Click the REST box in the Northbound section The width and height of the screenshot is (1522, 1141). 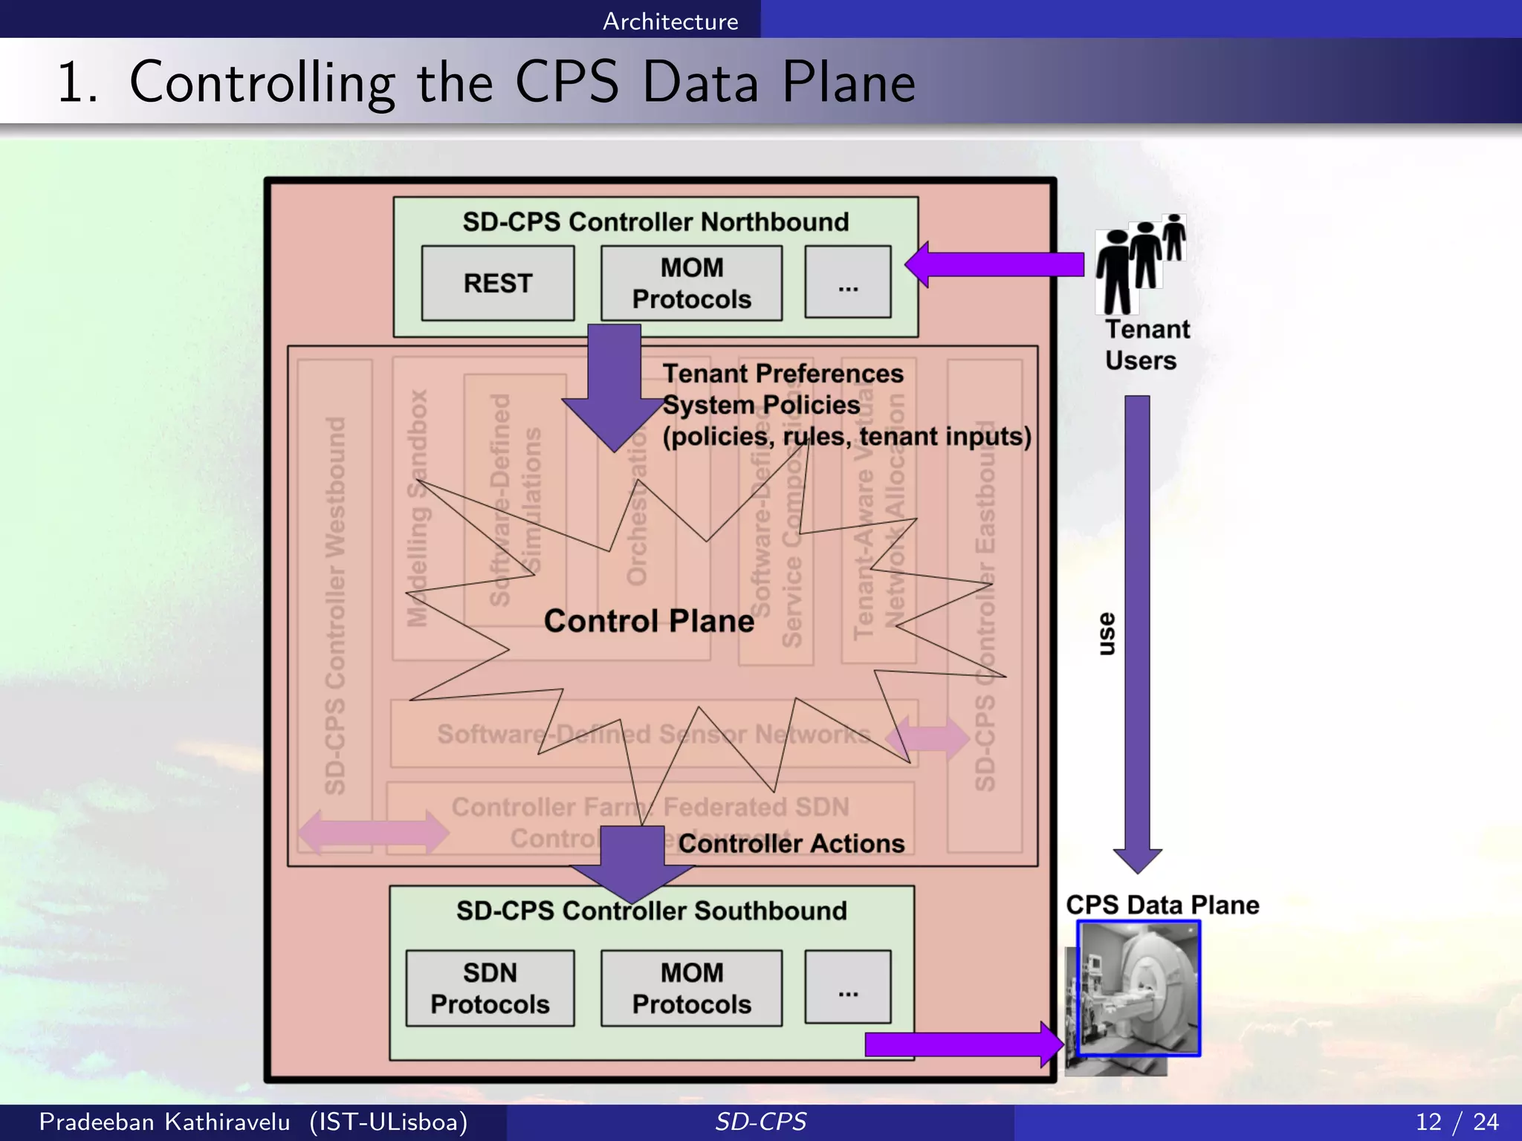click(x=498, y=283)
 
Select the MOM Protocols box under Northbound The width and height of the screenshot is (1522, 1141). click(x=691, y=283)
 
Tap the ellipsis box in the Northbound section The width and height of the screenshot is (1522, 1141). click(x=848, y=282)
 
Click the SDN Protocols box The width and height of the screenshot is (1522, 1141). click(x=490, y=988)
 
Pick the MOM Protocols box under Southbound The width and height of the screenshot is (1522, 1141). click(x=691, y=988)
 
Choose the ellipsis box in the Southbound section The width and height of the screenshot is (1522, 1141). click(x=848, y=987)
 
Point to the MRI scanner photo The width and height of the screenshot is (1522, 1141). click(x=1139, y=988)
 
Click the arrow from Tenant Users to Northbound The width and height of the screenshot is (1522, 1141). click(x=996, y=264)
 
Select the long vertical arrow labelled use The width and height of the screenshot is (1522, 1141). click(x=1137, y=631)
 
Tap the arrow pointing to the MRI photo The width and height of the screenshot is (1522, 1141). click(x=962, y=1044)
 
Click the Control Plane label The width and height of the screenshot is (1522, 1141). click(x=649, y=621)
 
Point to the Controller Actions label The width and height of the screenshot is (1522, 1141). click(x=791, y=844)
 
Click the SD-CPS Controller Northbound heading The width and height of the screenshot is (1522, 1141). click(x=655, y=222)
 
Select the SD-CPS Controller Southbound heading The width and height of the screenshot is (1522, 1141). click(x=652, y=911)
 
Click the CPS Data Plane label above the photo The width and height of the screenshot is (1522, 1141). click(x=1162, y=905)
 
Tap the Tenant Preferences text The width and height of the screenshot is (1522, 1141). click(x=783, y=373)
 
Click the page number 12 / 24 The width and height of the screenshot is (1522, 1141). click(x=1457, y=1122)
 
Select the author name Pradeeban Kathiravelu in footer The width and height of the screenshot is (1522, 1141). click(x=164, y=1122)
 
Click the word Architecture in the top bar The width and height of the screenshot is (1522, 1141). click(x=670, y=22)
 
